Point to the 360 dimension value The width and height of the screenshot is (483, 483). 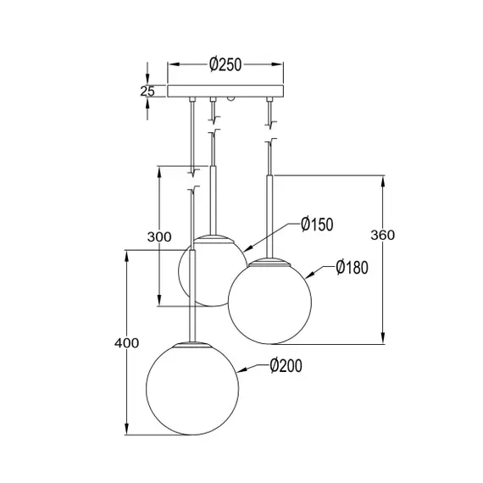coord(383,236)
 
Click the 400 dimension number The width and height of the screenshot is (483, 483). coord(125,343)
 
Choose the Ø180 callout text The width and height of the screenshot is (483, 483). coord(351,268)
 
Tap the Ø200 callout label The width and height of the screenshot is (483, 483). coord(285,366)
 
